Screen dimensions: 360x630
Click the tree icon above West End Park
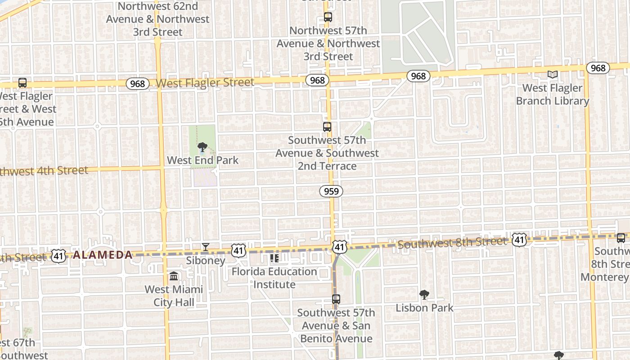(202, 147)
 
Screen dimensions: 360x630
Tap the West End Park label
(203, 160)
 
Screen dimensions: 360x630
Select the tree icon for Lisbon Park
(424, 295)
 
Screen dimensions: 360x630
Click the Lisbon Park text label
(424, 308)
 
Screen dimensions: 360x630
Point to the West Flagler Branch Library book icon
(553, 75)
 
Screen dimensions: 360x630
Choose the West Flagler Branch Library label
(553, 94)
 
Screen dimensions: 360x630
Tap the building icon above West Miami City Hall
(174, 276)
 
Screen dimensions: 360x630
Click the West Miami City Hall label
(174, 296)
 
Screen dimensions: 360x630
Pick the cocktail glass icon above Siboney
(206, 247)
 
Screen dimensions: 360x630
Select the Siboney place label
(206, 261)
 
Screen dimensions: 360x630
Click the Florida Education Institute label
(274, 278)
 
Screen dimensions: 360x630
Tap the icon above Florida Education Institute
(274, 258)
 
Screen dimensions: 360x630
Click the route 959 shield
(331, 191)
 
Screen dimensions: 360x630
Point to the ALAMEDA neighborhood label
(103, 255)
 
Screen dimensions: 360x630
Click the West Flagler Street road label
(205, 83)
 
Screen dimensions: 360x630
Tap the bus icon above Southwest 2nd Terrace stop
(327, 127)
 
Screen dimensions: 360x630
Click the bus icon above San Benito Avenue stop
(336, 299)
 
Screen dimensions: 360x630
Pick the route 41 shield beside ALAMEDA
(58, 256)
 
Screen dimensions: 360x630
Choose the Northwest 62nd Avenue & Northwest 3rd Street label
(157, 19)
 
